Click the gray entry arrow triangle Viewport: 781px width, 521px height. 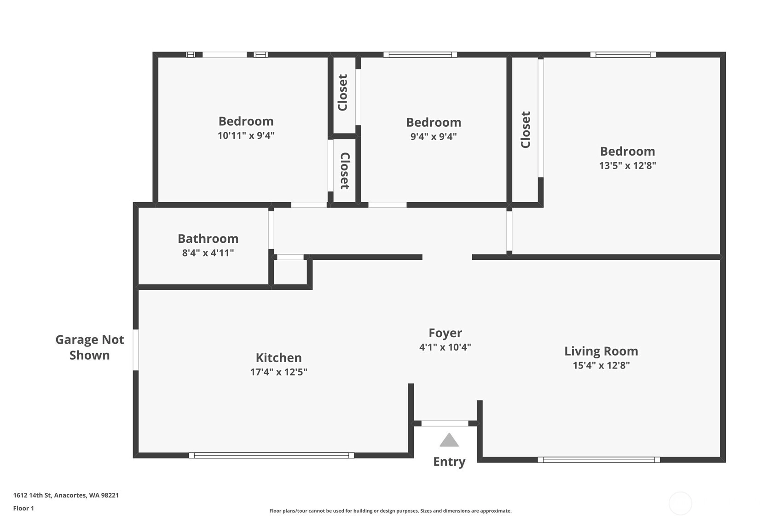coord(449,440)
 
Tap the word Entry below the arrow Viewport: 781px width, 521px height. coord(449,462)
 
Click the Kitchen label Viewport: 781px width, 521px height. coord(278,357)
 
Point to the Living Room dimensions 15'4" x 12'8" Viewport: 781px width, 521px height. coord(601,365)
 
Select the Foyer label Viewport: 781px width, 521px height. coord(445,333)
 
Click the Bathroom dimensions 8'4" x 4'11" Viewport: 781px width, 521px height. coord(208,252)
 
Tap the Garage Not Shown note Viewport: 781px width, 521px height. coord(90,347)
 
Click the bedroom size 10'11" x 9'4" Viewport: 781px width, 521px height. coord(246,135)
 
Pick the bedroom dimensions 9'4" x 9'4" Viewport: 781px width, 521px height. coord(434,136)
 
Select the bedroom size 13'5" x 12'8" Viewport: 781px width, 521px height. coord(627,165)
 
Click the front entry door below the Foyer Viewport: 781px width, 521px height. coord(445,423)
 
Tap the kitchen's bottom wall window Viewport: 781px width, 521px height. coord(271,455)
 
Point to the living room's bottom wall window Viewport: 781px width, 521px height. coord(599,460)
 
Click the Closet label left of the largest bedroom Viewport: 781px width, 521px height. coord(526,129)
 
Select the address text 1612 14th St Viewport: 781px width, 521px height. coord(32,495)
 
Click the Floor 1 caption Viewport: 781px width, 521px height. coord(24,508)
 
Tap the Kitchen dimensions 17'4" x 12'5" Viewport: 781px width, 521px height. coord(278,372)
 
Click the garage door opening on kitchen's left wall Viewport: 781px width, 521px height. coord(136,350)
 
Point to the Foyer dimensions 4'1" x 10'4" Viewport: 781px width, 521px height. coord(445,347)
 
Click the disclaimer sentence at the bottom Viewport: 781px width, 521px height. coord(390,511)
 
